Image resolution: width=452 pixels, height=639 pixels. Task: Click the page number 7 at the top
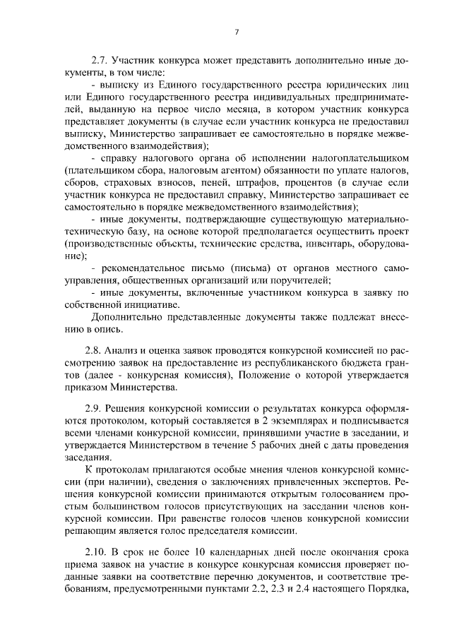[237, 32]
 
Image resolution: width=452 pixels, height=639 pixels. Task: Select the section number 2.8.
[94, 350]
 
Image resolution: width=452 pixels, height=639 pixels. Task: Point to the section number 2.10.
[96, 555]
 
